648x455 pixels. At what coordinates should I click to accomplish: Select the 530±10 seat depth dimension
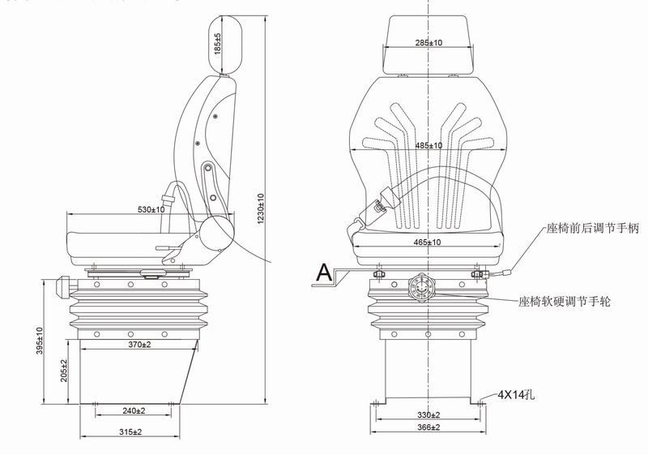[x=151, y=209]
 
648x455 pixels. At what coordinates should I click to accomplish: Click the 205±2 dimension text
[x=64, y=371]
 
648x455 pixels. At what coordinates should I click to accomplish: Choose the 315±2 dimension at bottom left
[x=130, y=431]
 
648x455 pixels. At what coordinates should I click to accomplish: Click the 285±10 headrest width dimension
[x=428, y=43]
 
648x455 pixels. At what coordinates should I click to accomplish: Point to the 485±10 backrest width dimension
[x=428, y=146]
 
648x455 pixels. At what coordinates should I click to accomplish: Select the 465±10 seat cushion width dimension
[x=428, y=242]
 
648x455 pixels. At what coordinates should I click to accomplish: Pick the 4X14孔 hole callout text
[x=516, y=396]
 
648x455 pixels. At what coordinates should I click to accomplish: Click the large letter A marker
[x=324, y=273]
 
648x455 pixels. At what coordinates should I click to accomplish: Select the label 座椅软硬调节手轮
[x=564, y=301]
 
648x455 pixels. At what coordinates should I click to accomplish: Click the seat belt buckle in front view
[x=377, y=208]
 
